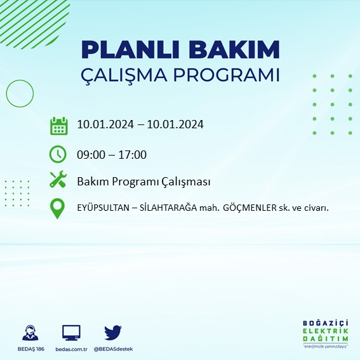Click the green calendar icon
tap(58, 125)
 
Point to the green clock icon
tap(58, 154)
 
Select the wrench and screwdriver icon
tap(58, 180)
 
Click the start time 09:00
tap(90, 154)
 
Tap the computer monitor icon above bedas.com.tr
tap(71, 332)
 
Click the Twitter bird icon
tap(112, 331)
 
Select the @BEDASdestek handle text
tap(114, 349)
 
